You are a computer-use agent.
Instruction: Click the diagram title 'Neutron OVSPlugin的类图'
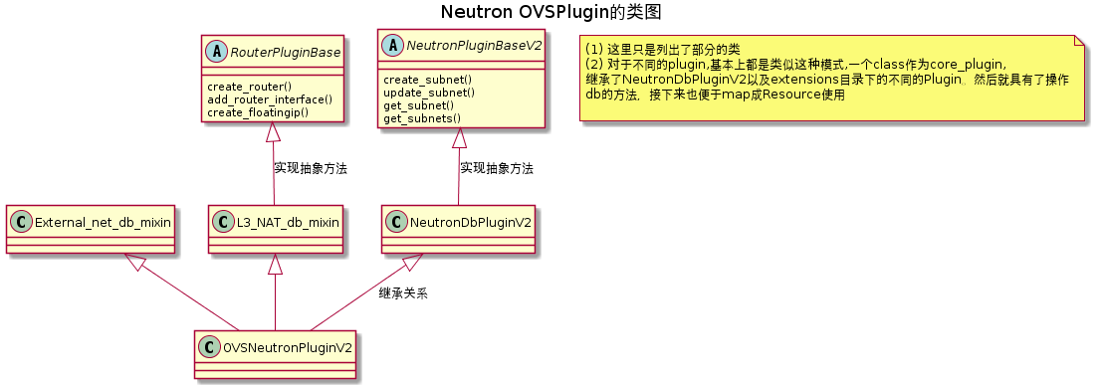coord(550,13)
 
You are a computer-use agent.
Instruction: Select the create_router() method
coord(249,87)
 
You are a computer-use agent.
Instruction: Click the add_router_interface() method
coord(270,99)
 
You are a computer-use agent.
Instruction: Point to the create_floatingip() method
coord(258,112)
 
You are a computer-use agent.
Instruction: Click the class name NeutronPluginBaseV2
coord(472,45)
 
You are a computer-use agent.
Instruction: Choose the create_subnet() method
coord(427,80)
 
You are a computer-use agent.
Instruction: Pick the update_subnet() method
coord(429,93)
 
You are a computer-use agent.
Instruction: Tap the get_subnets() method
coord(422,118)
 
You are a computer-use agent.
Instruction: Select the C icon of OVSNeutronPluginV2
coord(207,346)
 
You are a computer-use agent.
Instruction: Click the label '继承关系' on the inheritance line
coord(403,293)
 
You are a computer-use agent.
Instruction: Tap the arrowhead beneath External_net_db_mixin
coord(131,262)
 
